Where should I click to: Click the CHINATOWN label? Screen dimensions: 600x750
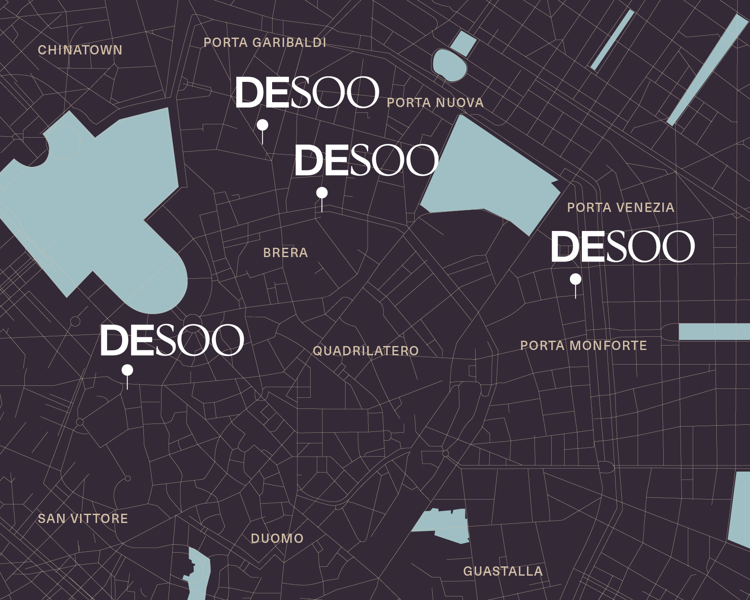(x=80, y=50)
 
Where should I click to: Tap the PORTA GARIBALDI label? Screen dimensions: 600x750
(x=265, y=42)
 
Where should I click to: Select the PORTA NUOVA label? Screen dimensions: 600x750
(x=435, y=103)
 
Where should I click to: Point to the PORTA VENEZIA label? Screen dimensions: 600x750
(x=620, y=208)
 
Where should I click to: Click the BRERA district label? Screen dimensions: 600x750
(x=285, y=253)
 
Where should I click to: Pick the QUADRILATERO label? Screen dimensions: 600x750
(x=365, y=351)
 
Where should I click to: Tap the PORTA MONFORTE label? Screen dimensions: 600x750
(x=583, y=346)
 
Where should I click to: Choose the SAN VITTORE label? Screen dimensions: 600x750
(x=83, y=519)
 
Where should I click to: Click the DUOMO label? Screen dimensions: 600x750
(x=277, y=538)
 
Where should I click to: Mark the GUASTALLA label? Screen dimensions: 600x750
(x=503, y=571)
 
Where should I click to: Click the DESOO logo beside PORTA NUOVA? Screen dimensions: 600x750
(x=307, y=92)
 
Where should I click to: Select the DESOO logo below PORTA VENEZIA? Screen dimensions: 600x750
(x=622, y=246)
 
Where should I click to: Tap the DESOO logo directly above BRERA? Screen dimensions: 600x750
(x=366, y=160)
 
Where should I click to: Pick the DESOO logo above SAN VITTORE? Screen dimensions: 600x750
(x=172, y=340)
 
